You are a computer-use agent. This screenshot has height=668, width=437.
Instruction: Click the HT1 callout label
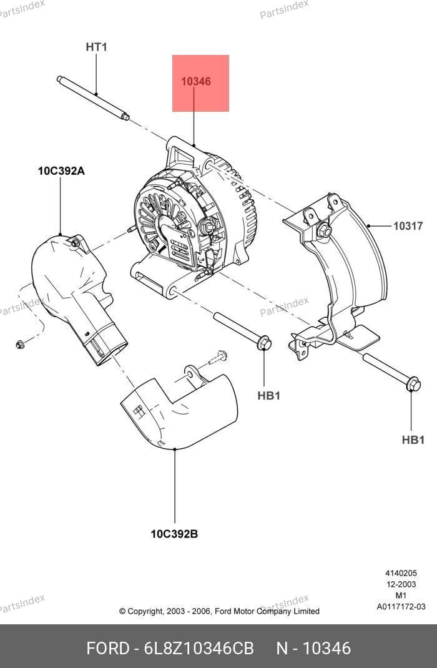click(97, 47)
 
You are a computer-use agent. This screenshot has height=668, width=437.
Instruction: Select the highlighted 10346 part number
click(196, 82)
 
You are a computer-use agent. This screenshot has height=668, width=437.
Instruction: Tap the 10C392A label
click(61, 170)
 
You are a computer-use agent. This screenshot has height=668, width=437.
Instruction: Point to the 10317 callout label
click(408, 226)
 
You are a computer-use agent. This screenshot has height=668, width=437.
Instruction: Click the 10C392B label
click(174, 534)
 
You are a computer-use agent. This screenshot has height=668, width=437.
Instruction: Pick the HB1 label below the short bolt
click(268, 395)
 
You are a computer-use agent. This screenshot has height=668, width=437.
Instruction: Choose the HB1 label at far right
click(413, 440)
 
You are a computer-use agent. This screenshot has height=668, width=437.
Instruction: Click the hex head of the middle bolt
click(265, 343)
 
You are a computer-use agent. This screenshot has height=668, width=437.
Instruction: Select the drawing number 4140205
click(400, 573)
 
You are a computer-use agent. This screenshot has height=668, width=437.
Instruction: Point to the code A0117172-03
click(400, 607)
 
